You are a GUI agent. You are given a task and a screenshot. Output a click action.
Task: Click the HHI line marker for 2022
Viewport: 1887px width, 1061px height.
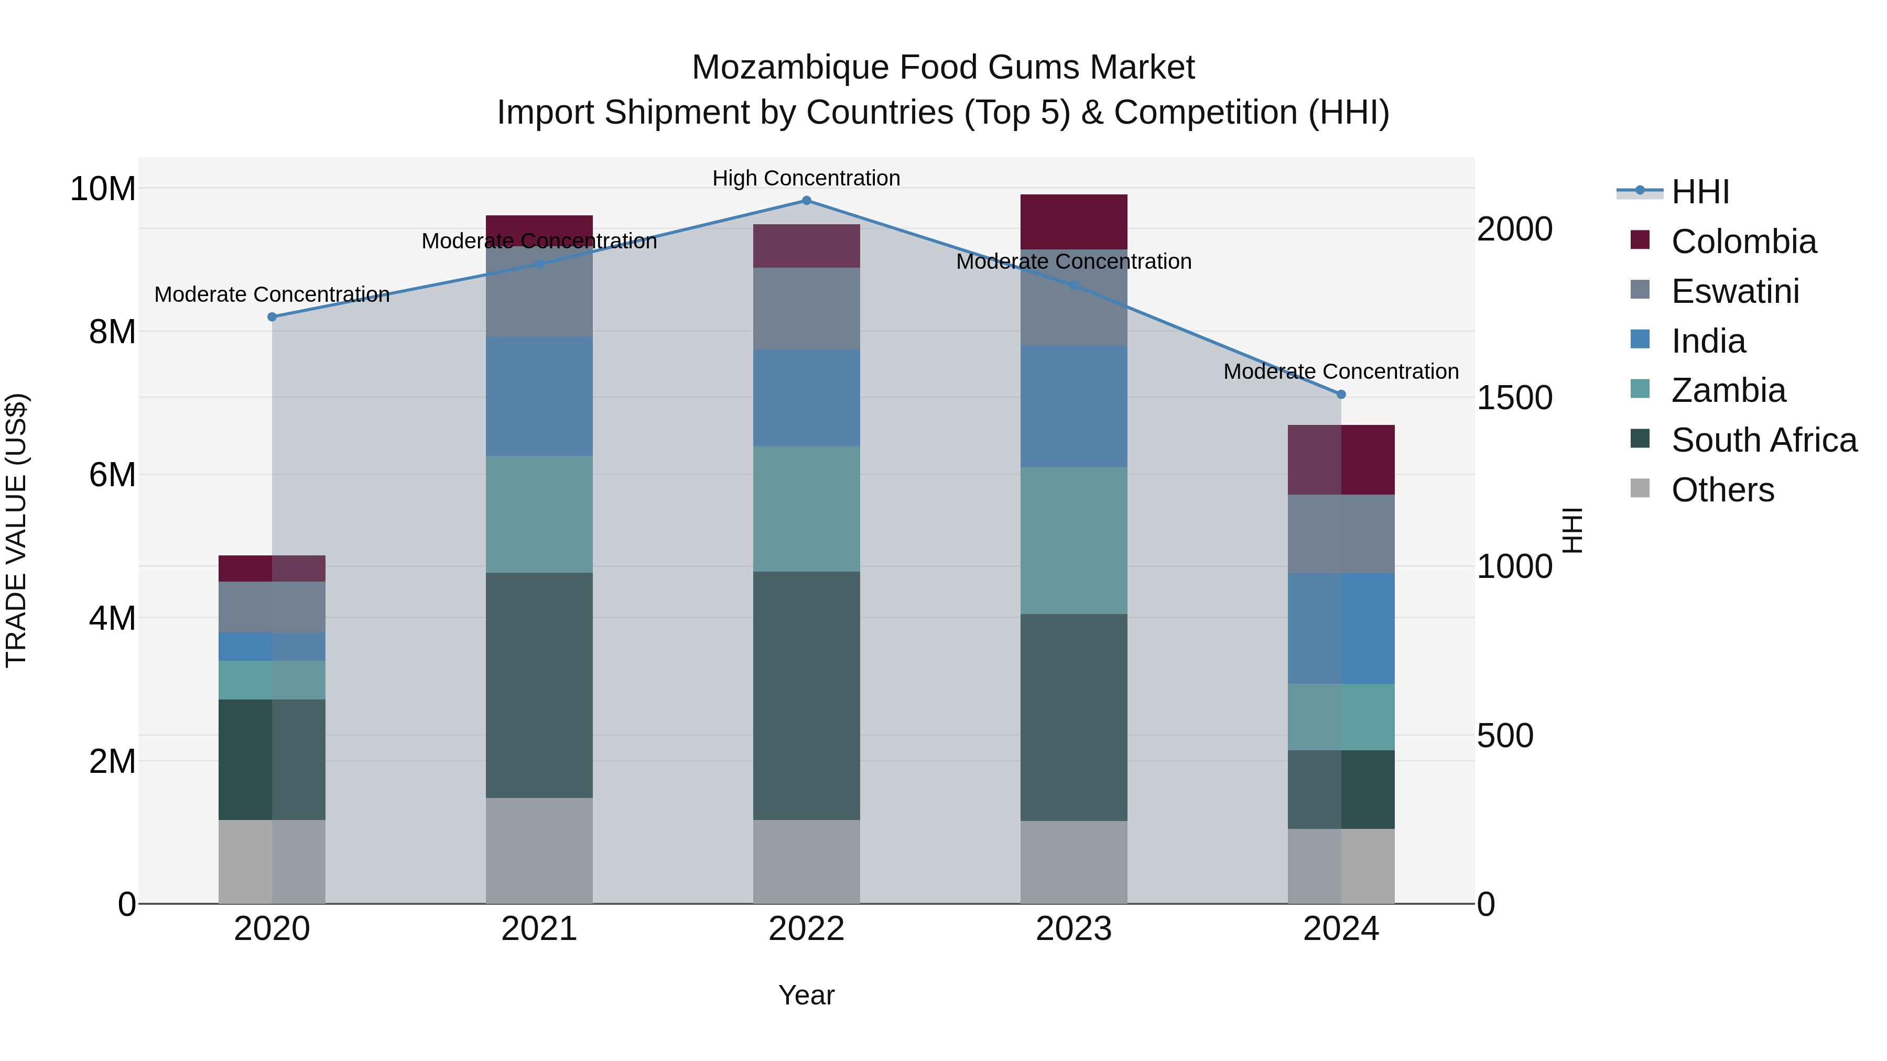coord(807,201)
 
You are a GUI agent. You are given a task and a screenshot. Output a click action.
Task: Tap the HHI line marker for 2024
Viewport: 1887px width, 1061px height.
coord(1341,395)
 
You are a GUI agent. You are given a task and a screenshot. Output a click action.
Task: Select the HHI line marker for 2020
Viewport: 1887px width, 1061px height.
coord(272,317)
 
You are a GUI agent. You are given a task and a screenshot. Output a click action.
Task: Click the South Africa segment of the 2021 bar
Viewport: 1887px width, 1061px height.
coord(539,685)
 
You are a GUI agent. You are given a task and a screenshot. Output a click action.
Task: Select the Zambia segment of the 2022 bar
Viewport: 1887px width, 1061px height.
coord(807,509)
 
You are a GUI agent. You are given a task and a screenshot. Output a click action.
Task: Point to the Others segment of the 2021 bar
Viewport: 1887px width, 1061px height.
coord(539,850)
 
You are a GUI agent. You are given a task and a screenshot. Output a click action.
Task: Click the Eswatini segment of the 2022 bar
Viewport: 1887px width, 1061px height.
coord(807,308)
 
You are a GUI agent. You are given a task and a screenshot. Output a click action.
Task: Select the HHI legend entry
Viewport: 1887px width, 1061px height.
coord(1699,192)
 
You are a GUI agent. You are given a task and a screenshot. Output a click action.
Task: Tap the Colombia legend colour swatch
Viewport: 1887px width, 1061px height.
coord(1640,240)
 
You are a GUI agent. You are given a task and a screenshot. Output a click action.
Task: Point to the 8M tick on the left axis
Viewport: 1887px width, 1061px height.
coord(112,332)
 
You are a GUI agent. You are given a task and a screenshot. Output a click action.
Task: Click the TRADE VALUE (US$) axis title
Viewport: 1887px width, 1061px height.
coord(16,530)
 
